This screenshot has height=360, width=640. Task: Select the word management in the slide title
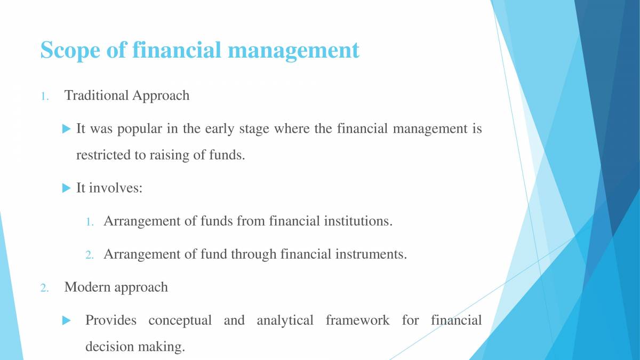(x=293, y=51)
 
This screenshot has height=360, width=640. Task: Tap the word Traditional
(x=97, y=95)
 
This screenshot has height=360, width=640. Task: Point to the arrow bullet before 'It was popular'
(x=66, y=129)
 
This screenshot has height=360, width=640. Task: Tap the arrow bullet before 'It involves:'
(x=66, y=188)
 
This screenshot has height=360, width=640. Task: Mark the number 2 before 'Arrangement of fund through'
(x=90, y=255)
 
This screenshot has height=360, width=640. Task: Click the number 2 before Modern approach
(x=44, y=288)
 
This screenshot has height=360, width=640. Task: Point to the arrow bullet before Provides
(x=66, y=321)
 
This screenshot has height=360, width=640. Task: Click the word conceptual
(x=180, y=321)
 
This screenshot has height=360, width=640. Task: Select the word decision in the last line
(x=105, y=347)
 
